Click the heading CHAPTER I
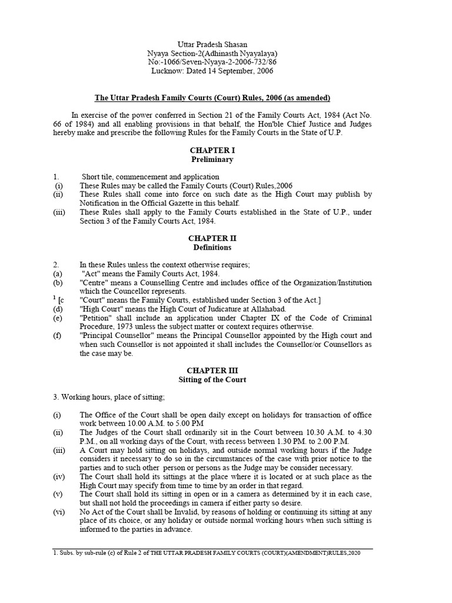[212, 150]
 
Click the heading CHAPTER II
[212, 238]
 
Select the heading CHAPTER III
[212, 370]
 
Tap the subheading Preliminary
[212, 160]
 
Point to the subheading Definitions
[212, 247]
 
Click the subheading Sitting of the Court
[212, 380]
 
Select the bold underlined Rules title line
[212, 97]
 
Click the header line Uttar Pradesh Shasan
[212, 45]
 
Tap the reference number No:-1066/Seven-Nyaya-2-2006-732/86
[212, 62]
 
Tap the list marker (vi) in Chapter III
[58, 512]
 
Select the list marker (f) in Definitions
[57, 336]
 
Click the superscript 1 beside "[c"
[54, 298]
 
